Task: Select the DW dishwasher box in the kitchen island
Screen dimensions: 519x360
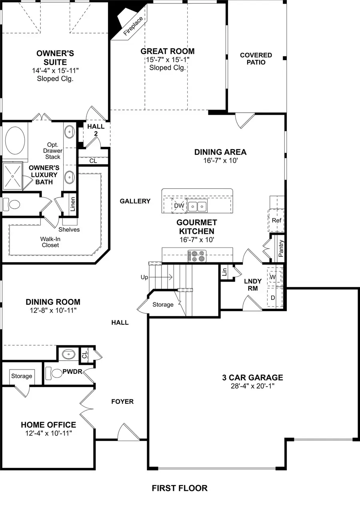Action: tap(178, 206)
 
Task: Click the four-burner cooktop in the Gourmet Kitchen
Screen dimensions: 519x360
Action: tap(197, 256)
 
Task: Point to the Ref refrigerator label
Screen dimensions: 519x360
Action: tap(276, 220)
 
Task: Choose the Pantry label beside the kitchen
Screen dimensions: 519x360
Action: tap(281, 248)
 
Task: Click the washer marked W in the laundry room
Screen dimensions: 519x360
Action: tap(273, 277)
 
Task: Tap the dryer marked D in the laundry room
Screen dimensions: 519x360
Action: tap(273, 298)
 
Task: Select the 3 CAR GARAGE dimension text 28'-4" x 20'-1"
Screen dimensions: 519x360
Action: tap(252, 386)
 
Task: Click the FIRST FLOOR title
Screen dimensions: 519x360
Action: tap(180, 488)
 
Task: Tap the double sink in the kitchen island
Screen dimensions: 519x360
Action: tap(198, 206)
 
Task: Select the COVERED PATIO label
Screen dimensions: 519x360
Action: tap(256, 58)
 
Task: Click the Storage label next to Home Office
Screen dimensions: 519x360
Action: tap(22, 376)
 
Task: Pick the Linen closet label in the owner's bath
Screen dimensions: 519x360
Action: tap(72, 204)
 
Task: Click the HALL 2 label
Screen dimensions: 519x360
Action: tap(96, 130)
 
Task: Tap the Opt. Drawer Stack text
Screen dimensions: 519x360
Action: tap(53, 151)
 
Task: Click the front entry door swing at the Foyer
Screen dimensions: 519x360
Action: tap(125, 433)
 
